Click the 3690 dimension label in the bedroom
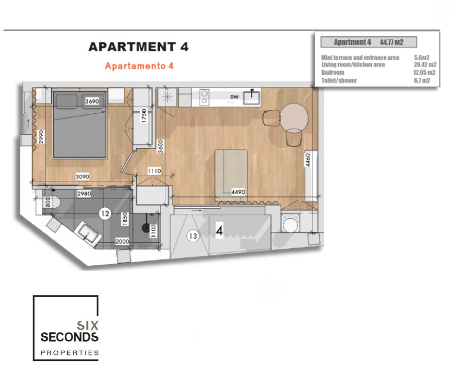point(92,101)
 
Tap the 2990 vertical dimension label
point(41,137)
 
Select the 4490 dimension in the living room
point(238,192)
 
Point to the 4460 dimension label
point(308,160)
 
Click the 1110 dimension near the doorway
point(154,171)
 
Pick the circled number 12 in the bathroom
point(105,213)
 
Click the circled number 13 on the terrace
point(193,236)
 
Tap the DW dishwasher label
point(235,97)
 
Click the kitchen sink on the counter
point(251,97)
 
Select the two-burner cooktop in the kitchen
point(204,97)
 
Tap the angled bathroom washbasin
point(88,233)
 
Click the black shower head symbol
point(145,228)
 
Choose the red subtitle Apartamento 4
point(139,66)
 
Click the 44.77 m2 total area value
point(392,42)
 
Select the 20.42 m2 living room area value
point(425,65)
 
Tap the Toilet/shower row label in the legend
point(339,81)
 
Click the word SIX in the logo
point(87,326)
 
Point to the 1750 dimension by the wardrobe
point(144,116)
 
